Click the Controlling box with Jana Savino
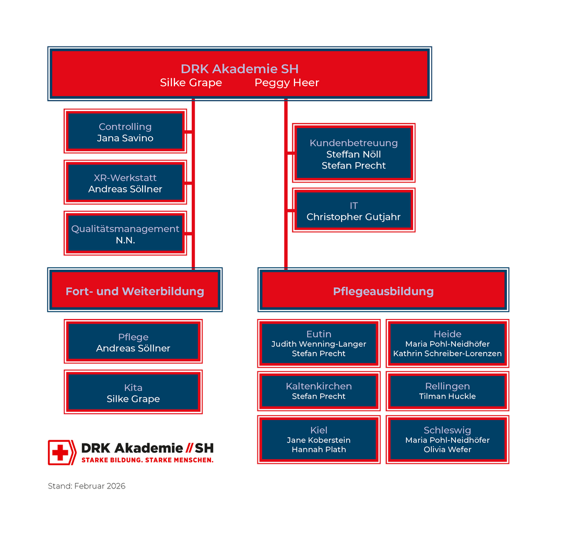click(x=125, y=132)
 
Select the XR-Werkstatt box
click(x=125, y=183)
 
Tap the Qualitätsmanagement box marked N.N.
click(x=125, y=234)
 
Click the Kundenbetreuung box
click(x=354, y=154)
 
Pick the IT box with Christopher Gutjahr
click(x=354, y=211)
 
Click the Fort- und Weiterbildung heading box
click(x=135, y=291)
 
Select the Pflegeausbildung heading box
click(x=383, y=291)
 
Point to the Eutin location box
click(x=319, y=343)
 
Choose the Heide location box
click(x=448, y=343)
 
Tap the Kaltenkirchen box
click(x=319, y=391)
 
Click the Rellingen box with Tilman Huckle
click(x=448, y=391)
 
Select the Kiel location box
click(x=319, y=439)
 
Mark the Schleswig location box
click(x=448, y=439)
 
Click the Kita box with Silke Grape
click(x=133, y=393)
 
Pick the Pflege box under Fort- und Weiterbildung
click(x=133, y=342)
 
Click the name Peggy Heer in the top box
click(x=287, y=83)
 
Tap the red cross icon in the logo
click(x=61, y=452)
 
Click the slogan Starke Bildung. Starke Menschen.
click(x=147, y=460)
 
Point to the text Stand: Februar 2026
click(x=87, y=486)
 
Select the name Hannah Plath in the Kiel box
click(x=319, y=449)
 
